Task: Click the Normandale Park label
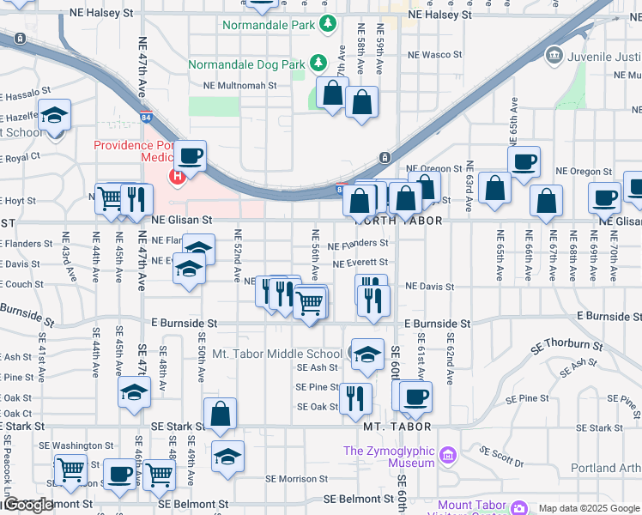click(269, 25)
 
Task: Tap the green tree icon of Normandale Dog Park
click(318, 62)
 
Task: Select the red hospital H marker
click(178, 178)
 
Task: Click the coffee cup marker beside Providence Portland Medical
click(192, 157)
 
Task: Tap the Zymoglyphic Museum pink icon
click(447, 455)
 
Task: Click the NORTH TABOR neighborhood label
click(397, 221)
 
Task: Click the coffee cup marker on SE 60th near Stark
click(416, 397)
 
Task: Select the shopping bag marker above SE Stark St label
click(221, 415)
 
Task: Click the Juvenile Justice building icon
click(554, 57)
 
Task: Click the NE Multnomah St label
click(239, 86)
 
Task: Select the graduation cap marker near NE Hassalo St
click(54, 116)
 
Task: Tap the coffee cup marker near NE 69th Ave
click(604, 198)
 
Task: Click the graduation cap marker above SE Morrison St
click(227, 457)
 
